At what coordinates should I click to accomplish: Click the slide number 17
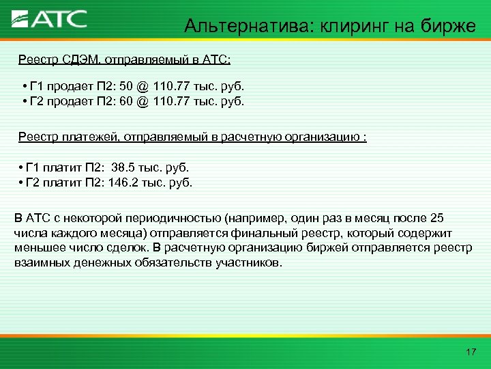(x=470, y=352)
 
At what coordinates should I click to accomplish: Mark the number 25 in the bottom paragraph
(x=436, y=218)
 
